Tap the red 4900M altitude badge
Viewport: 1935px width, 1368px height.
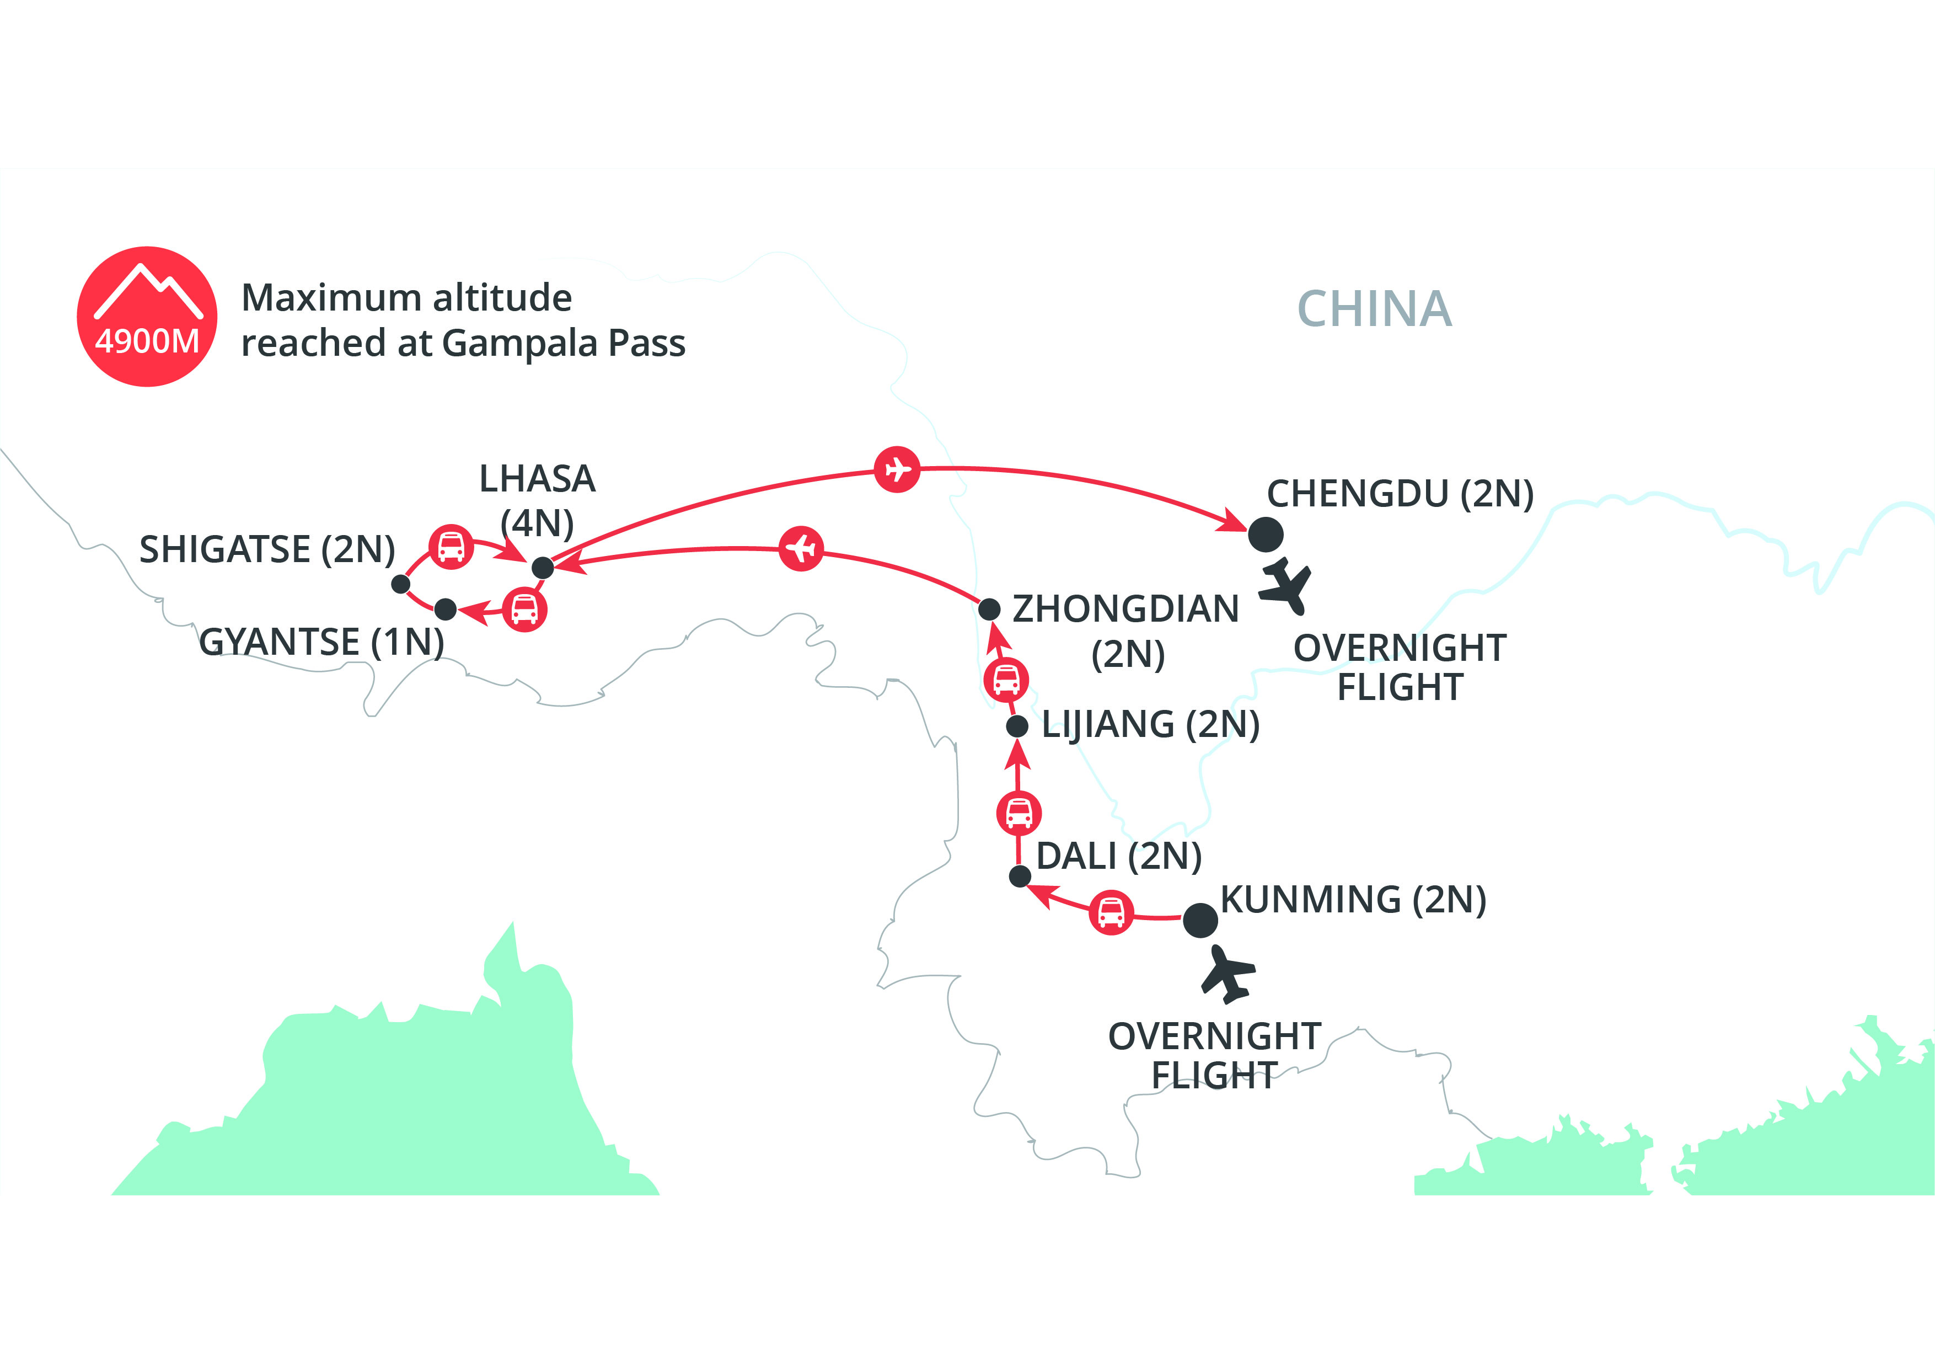tap(147, 317)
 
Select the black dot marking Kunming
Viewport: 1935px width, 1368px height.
tap(1200, 921)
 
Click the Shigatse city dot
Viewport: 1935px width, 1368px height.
tap(401, 583)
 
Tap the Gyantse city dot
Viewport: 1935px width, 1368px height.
tap(445, 608)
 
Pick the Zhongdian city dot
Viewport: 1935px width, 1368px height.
tap(989, 608)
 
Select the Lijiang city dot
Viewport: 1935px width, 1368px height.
tap(1017, 726)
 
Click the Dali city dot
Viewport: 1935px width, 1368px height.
tap(1020, 877)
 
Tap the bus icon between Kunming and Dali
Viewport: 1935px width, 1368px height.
tap(1111, 912)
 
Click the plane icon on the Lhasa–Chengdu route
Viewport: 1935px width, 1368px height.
tap(897, 469)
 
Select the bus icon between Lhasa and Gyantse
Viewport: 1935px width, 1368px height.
tap(524, 610)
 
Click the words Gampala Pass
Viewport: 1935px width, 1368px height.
tap(563, 344)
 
